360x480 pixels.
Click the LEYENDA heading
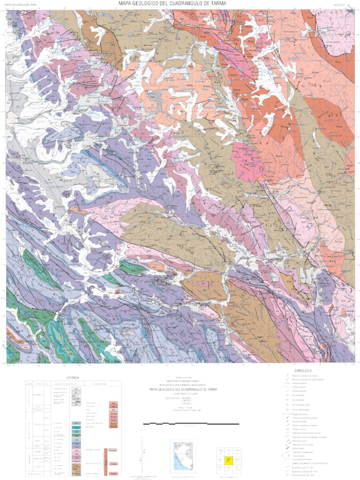tap(73, 377)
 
